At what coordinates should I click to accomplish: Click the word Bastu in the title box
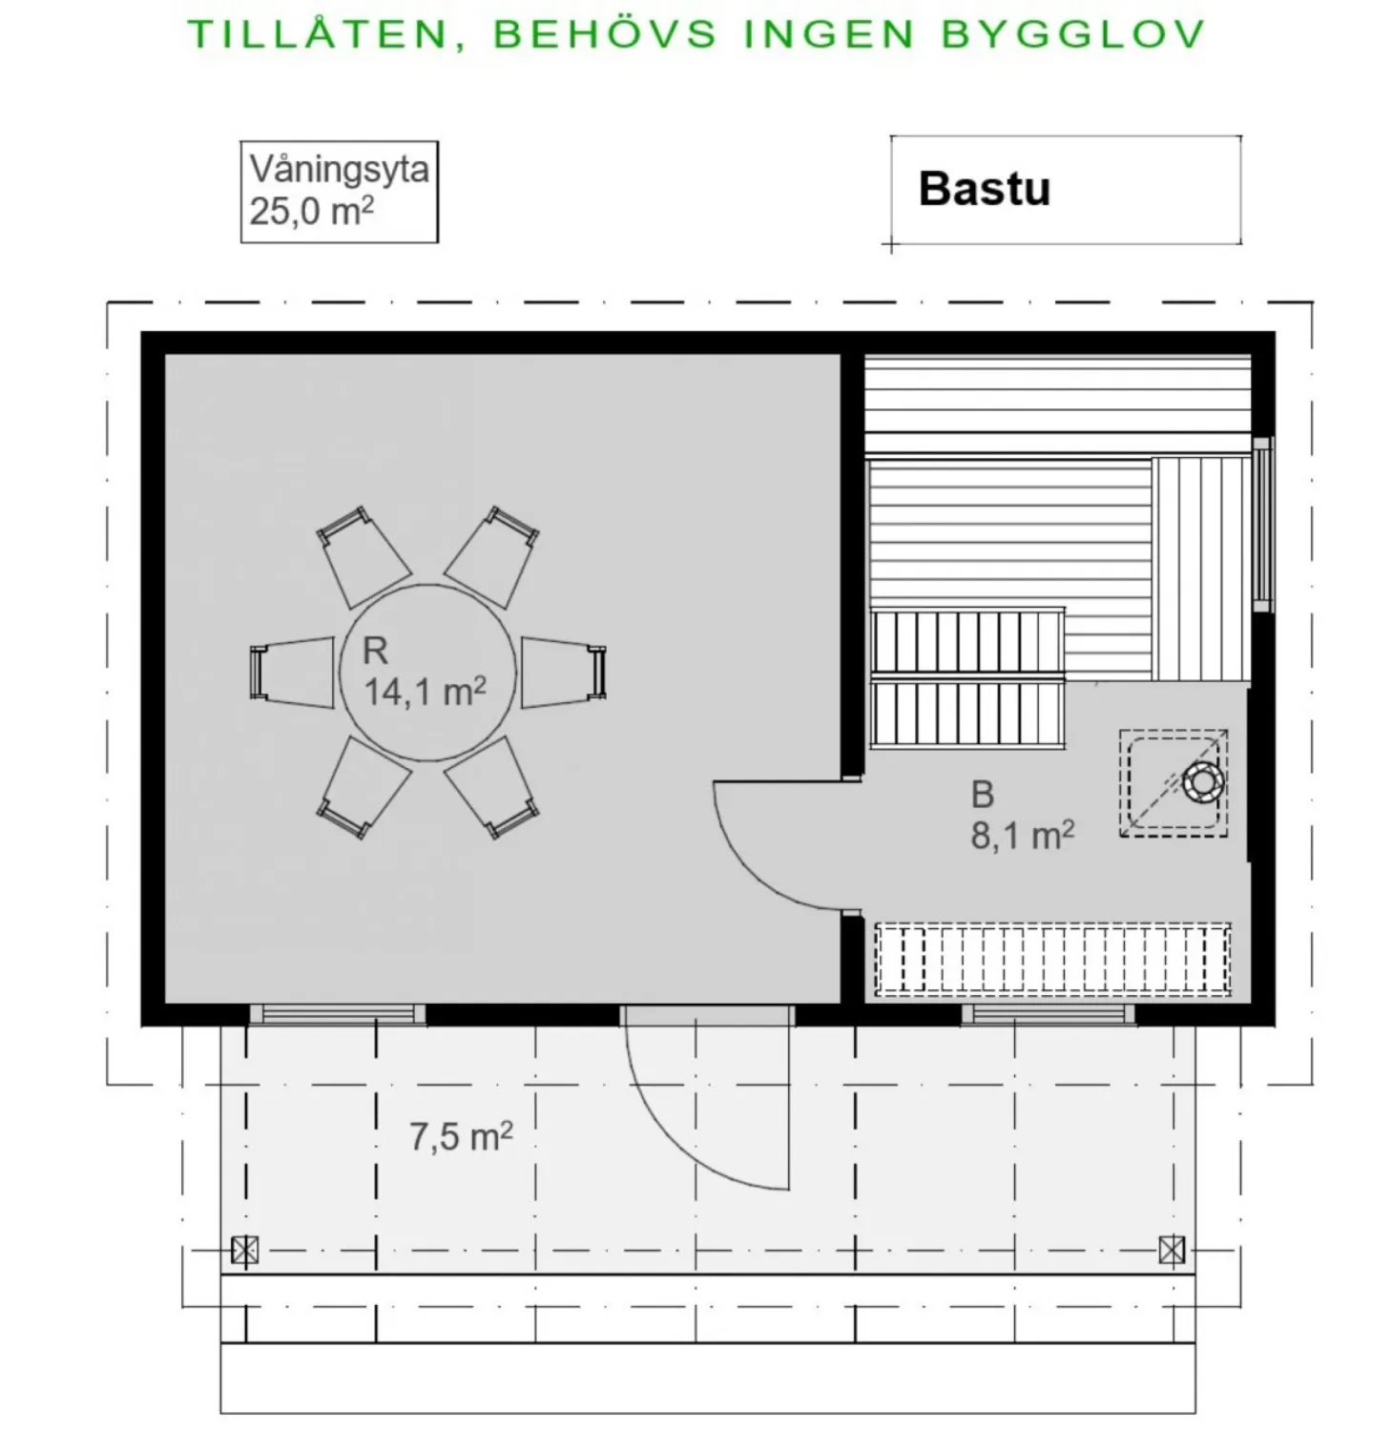coord(984,189)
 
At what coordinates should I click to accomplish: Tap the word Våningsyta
coord(339,170)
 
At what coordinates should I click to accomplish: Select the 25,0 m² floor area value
coord(311,211)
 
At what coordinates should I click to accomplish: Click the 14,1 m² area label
coord(425,691)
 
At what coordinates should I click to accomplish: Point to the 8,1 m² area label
coord(1022,835)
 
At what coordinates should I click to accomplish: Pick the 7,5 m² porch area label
coord(461,1136)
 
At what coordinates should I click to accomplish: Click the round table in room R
coord(428,673)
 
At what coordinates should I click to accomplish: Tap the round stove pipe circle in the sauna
coord(1202,782)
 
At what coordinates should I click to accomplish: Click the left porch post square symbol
coord(244,1250)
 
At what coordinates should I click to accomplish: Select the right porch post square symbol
coord(1172,1250)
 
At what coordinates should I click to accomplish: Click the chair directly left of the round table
coord(292,673)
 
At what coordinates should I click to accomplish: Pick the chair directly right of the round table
coord(564,673)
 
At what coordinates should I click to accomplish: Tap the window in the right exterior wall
coord(1263,524)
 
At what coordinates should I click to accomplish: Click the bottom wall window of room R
coord(338,1014)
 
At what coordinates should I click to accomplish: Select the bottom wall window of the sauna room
coord(1048,1014)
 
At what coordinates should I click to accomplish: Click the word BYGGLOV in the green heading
coord(1072,34)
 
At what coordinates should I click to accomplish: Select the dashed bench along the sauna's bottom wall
coord(1052,960)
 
